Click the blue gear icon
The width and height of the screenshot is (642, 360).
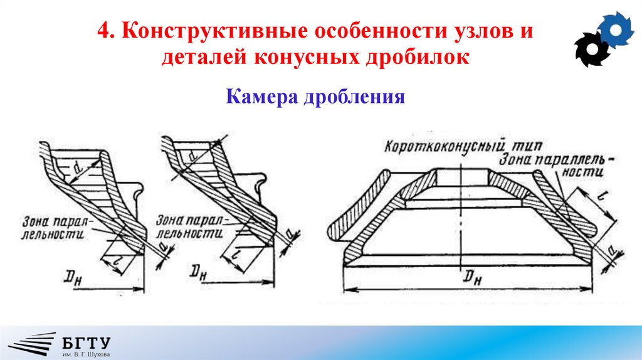pos(616,29)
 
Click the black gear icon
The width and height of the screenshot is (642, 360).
pos(592,49)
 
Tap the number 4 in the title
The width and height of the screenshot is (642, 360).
pos(103,31)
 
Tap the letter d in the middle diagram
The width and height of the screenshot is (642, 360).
pos(196,153)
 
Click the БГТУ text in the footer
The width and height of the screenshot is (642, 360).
pos(87,342)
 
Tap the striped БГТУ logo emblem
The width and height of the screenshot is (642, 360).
pos(34,345)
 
